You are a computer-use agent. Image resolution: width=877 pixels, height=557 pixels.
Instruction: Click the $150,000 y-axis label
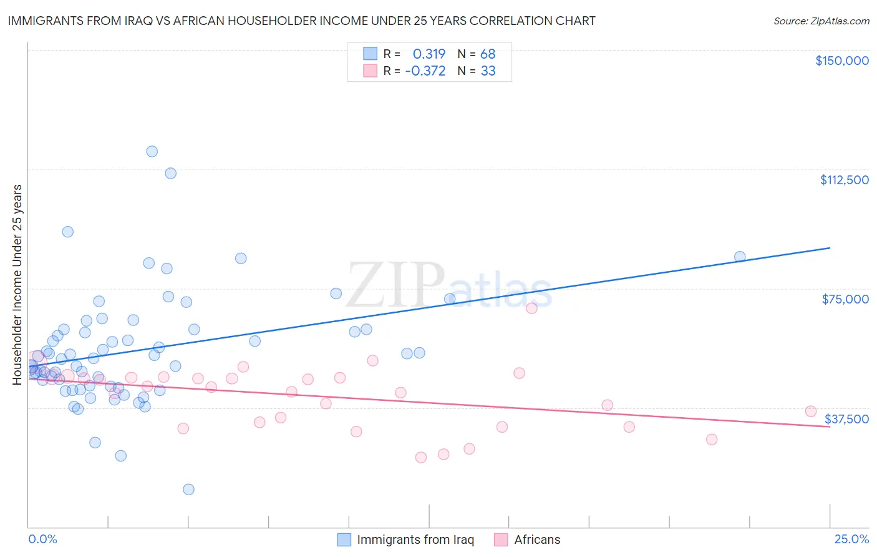tap(841, 61)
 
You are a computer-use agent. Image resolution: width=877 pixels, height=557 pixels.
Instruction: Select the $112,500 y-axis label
tap(844, 180)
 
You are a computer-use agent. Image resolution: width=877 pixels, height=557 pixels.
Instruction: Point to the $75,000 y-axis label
tap(845, 299)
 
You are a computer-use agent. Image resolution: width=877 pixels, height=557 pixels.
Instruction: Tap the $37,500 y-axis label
tap(846, 419)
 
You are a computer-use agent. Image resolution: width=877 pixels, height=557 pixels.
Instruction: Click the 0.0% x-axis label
tap(42, 540)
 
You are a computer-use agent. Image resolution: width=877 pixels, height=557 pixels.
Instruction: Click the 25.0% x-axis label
tap(851, 540)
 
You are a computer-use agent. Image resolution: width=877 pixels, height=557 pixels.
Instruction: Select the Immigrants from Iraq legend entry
tap(415, 540)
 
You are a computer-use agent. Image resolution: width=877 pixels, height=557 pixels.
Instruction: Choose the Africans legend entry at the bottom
tap(536, 540)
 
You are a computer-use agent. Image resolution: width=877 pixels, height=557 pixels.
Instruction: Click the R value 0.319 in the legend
tap(429, 54)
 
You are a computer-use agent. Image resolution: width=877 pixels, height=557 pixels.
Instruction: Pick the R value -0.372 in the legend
tap(425, 71)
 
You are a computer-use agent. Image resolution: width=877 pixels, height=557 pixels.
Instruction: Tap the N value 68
tap(488, 54)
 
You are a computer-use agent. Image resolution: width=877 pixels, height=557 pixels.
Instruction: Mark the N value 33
tap(488, 71)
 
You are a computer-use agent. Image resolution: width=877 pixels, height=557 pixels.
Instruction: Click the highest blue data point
tap(152, 151)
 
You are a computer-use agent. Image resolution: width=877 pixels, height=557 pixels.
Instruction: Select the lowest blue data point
tap(188, 489)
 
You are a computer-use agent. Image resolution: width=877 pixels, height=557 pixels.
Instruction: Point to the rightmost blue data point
tap(740, 257)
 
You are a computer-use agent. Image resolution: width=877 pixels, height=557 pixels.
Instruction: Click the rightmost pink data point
tap(811, 411)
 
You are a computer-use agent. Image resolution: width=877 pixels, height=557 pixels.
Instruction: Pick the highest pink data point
tap(531, 308)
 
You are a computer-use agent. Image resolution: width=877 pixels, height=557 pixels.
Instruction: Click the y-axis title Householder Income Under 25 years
tap(17, 284)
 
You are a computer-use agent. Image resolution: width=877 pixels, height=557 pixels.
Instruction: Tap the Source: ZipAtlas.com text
tap(821, 21)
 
